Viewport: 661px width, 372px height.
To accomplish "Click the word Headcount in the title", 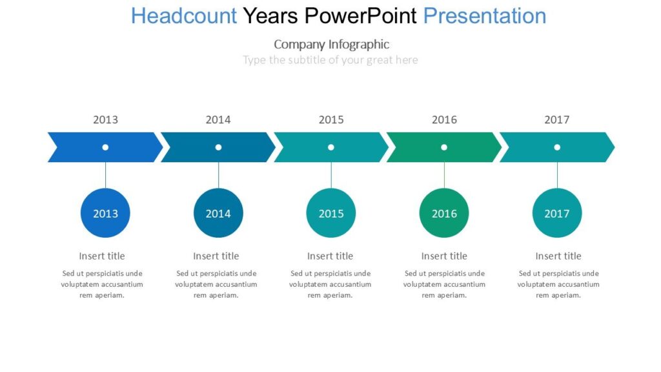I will pyautogui.click(x=184, y=15).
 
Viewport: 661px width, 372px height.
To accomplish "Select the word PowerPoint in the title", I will pyautogui.click(x=361, y=15).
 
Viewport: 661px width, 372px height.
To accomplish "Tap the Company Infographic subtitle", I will pyautogui.click(x=331, y=44).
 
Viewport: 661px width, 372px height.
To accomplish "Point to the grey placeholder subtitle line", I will pyautogui.click(x=330, y=60).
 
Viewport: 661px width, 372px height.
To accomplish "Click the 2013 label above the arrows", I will pyautogui.click(x=105, y=119).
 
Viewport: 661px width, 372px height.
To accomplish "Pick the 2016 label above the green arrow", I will pyautogui.click(x=444, y=119).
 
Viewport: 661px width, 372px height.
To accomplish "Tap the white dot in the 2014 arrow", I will pyautogui.click(x=218, y=147).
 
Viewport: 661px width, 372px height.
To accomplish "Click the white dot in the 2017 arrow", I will pyautogui.click(x=557, y=147).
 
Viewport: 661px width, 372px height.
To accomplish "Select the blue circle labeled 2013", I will pyautogui.click(x=105, y=213).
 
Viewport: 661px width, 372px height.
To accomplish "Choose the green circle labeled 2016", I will pyautogui.click(x=444, y=213).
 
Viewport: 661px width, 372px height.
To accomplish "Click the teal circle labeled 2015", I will pyautogui.click(x=331, y=213).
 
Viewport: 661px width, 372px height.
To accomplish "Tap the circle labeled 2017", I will pyautogui.click(x=557, y=213).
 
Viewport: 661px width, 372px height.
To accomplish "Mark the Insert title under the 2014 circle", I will pyautogui.click(x=216, y=256).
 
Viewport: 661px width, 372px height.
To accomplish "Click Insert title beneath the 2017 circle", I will pyautogui.click(x=558, y=256).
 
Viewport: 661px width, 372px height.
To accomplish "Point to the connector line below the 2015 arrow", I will pyautogui.click(x=331, y=175).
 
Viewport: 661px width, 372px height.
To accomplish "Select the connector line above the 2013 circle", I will pyautogui.click(x=105, y=175).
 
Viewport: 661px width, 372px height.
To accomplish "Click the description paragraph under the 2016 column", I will pyautogui.click(x=444, y=284).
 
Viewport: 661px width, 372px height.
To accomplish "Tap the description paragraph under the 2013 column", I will pyautogui.click(x=102, y=284).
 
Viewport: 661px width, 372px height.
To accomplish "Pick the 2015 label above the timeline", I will pyautogui.click(x=331, y=119).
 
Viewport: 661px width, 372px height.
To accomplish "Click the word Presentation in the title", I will pyautogui.click(x=484, y=15).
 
